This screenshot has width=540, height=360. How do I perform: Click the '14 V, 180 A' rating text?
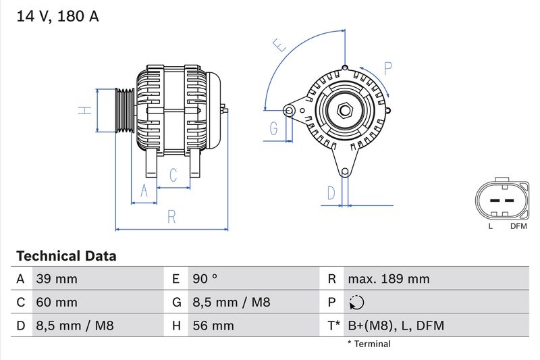pyautogui.click(x=57, y=17)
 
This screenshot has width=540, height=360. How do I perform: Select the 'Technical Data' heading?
pyautogui.click(x=66, y=256)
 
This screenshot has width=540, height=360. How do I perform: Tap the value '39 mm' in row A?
pyautogui.click(x=57, y=279)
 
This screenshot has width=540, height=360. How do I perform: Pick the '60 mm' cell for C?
pyautogui.click(x=57, y=303)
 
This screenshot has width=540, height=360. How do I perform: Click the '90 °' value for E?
pyautogui.click(x=205, y=279)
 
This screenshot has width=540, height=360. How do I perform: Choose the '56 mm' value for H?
pyautogui.click(x=213, y=326)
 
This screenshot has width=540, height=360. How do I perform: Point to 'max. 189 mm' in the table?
pyautogui.click(x=388, y=279)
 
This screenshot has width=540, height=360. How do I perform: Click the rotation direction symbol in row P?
pyautogui.click(x=357, y=303)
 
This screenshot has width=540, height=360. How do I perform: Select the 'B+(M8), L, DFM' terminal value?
pyautogui.click(x=396, y=326)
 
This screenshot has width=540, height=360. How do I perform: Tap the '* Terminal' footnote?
pyautogui.click(x=369, y=344)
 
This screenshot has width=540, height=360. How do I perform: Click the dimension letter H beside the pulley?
pyautogui.click(x=84, y=110)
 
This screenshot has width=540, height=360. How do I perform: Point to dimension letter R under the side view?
pyautogui.click(x=171, y=217)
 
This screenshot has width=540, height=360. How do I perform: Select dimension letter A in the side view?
pyautogui.click(x=143, y=192)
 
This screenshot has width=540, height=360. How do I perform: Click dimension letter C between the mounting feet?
pyautogui.click(x=173, y=176)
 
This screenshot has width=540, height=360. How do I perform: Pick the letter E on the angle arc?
pyautogui.click(x=279, y=45)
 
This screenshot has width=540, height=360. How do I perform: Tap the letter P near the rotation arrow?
pyautogui.click(x=388, y=68)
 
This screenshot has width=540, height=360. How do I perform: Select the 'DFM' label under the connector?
pyautogui.click(x=518, y=226)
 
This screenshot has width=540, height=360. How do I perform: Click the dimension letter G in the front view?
pyautogui.click(x=274, y=128)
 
